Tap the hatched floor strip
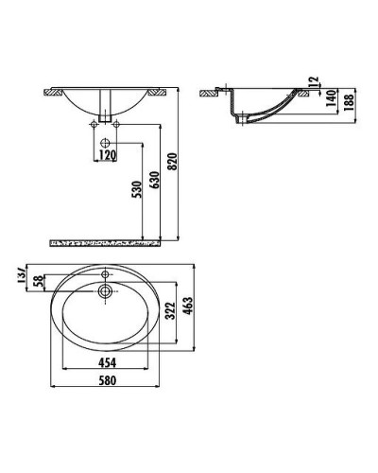click(104, 243)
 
